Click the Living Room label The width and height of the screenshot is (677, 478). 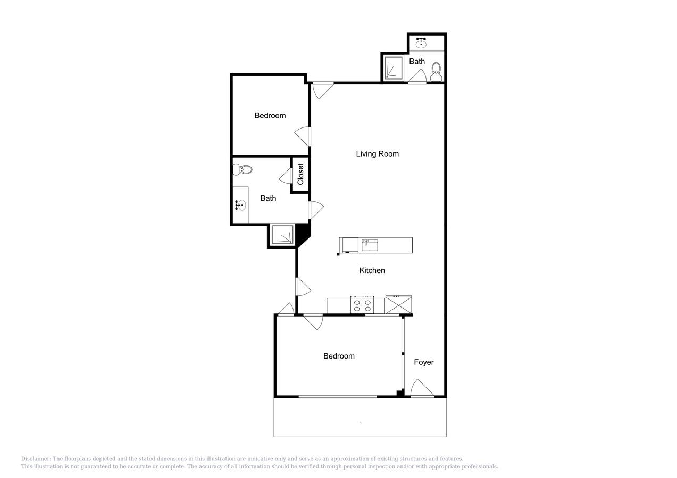[x=377, y=154]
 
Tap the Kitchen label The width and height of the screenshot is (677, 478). [x=372, y=270]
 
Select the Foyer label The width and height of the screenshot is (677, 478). [x=424, y=362]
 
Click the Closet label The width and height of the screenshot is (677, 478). [x=300, y=174]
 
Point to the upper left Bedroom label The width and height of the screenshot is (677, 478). [x=270, y=116]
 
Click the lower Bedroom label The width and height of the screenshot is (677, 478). [x=339, y=356]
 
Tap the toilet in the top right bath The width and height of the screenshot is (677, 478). [x=436, y=71]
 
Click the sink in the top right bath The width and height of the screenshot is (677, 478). [x=422, y=42]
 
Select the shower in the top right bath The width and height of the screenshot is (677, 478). [x=394, y=67]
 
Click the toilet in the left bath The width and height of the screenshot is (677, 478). [x=242, y=169]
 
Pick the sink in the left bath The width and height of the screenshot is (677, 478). [x=241, y=205]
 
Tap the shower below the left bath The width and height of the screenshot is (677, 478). [x=282, y=235]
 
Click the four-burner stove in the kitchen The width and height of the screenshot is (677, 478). [x=362, y=305]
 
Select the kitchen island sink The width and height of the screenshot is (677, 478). [x=370, y=245]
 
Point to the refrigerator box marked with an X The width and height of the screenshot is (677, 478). [x=398, y=305]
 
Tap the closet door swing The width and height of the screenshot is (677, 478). [x=286, y=176]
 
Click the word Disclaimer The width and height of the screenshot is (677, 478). [x=36, y=459]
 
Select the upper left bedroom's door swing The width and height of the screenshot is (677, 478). [x=303, y=136]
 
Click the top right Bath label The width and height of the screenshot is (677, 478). [x=417, y=62]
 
